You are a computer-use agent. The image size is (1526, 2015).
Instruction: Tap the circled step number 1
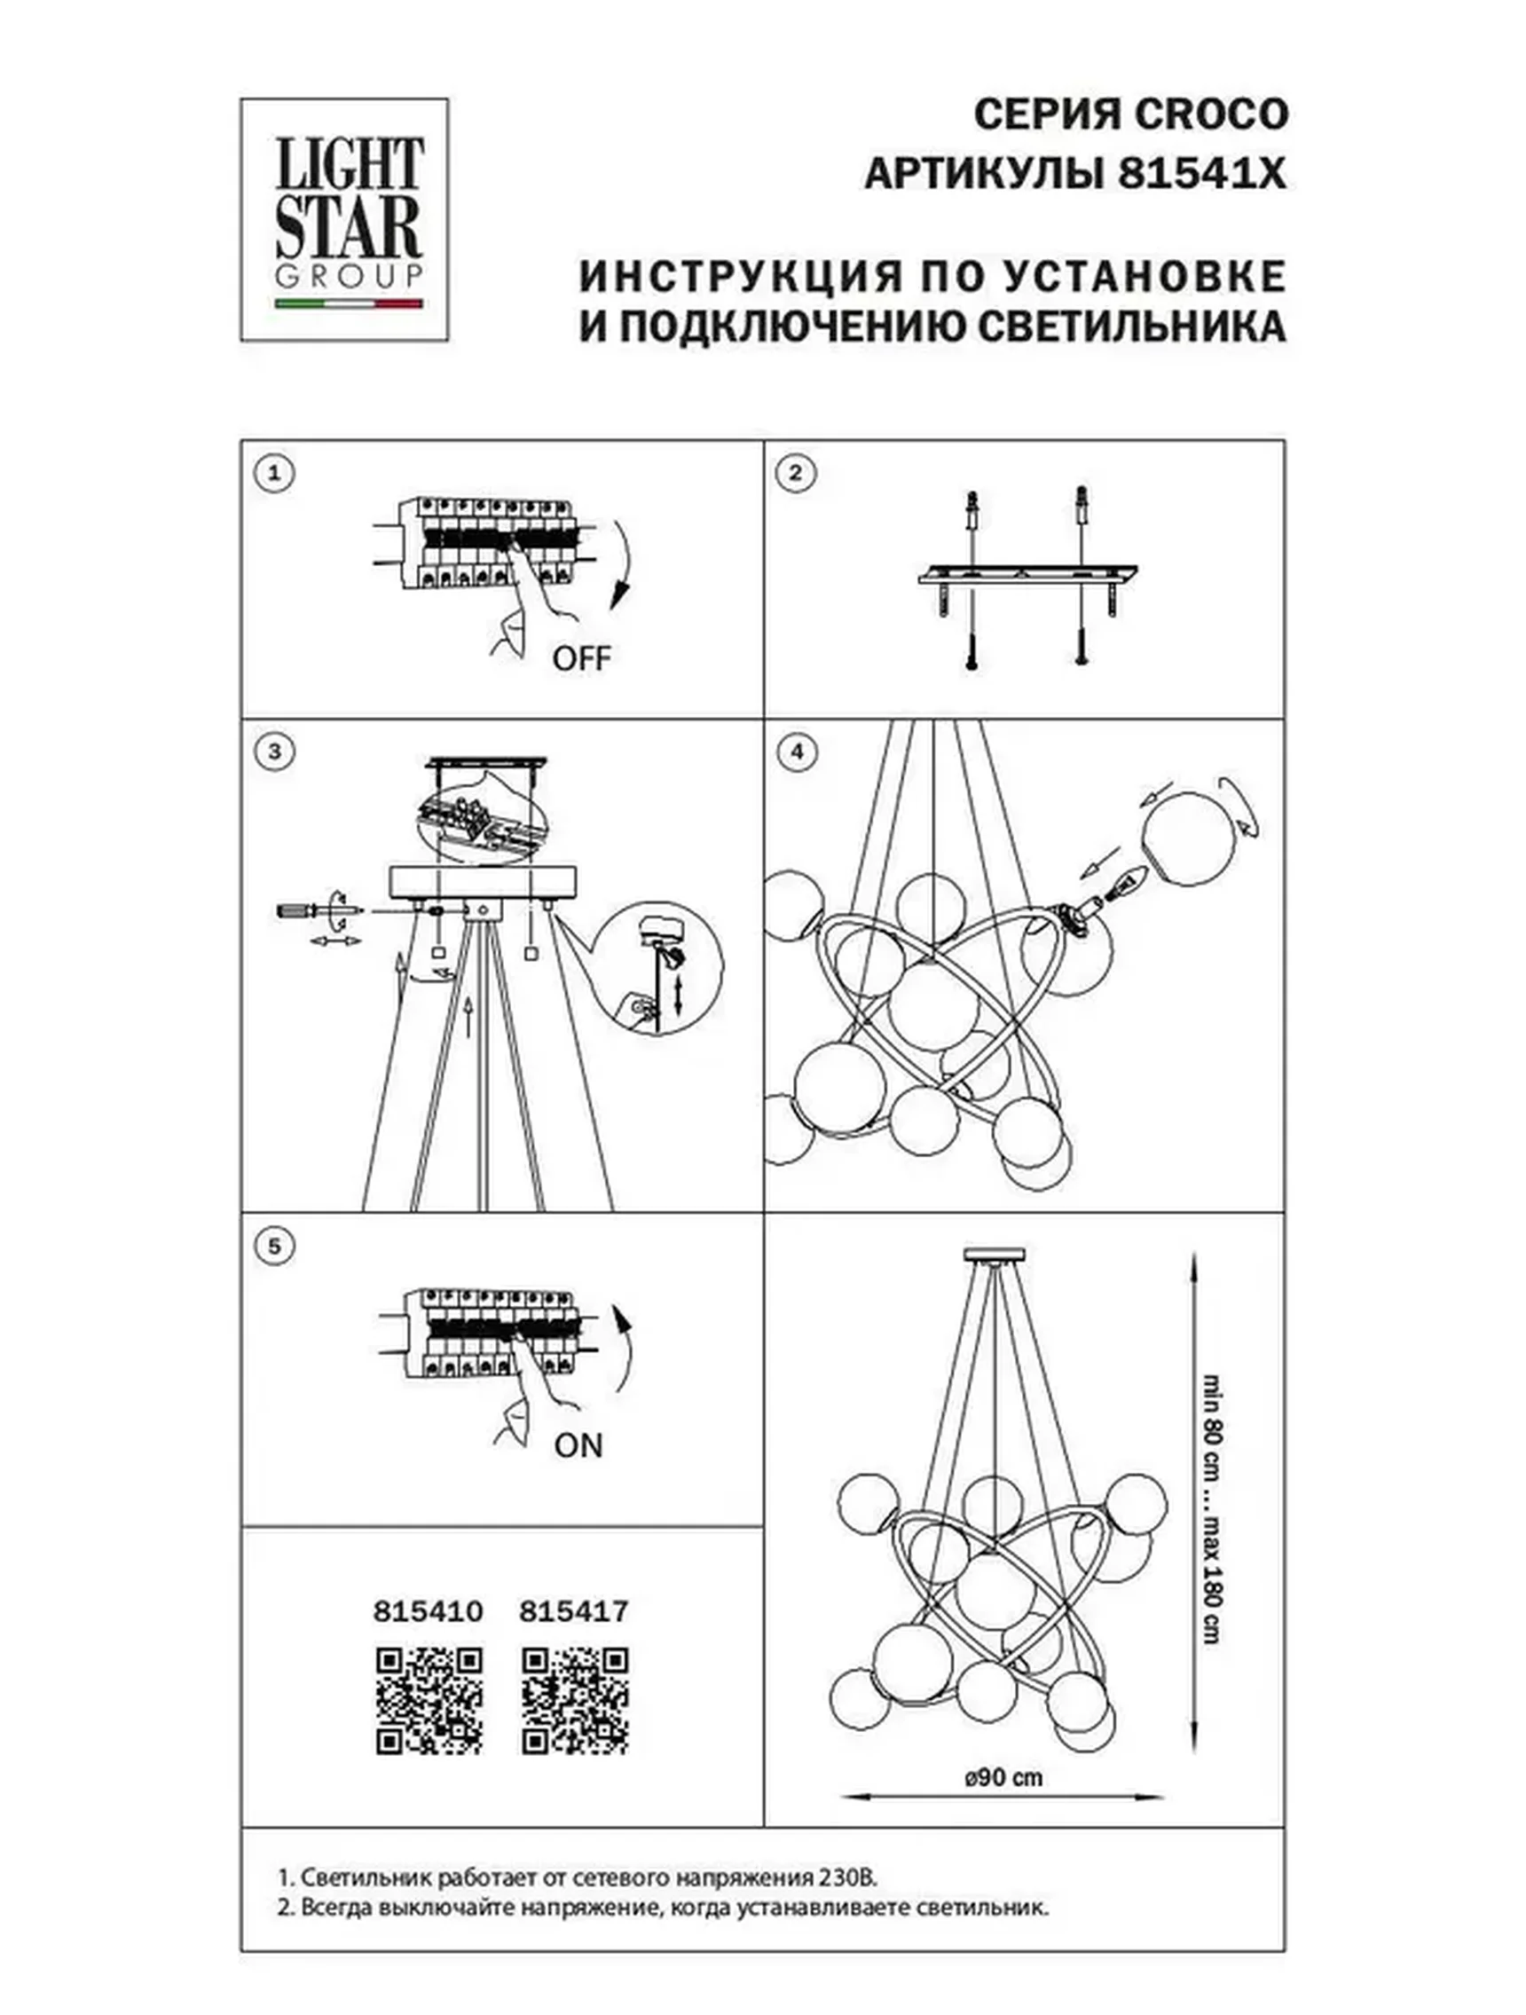pyautogui.click(x=274, y=474)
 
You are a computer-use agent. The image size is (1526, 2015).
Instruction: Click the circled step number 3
pyautogui.click(x=274, y=752)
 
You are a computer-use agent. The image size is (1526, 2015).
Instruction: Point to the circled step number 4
pyautogui.click(x=798, y=752)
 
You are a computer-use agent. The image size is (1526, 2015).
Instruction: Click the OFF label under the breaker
pyautogui.click(x=581, y=658)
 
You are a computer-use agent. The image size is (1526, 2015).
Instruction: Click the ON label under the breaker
pyautogui.click(x=578, y=1446)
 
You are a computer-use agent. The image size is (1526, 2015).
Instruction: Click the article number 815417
pyautogui.click(x=573, y=1611)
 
